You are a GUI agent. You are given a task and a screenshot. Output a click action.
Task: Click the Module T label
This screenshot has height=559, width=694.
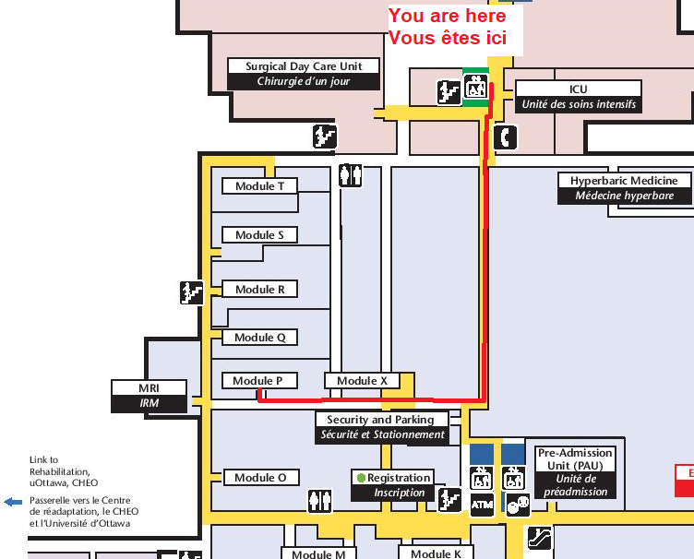tap(259, 186)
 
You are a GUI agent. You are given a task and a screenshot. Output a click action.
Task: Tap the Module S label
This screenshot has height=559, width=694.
tap(259, 235)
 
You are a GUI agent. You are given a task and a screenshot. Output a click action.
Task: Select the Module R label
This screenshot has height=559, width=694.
tap(259, 290)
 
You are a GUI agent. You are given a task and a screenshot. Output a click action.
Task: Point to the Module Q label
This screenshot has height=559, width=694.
tap(259, 338)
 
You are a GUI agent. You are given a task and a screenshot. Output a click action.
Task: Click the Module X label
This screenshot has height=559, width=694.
tap(362, 381)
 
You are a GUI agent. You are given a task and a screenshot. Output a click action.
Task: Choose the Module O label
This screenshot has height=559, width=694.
tap(261, 478)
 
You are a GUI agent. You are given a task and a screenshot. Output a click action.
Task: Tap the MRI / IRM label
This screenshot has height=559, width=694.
tap(149, 396)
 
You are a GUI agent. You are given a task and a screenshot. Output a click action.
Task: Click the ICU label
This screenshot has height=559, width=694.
tap(579, 97)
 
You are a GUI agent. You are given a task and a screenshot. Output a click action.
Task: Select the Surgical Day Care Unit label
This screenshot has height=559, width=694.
tap(304, 74)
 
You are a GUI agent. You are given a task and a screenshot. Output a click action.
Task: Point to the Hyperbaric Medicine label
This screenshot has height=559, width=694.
tap(624, 188)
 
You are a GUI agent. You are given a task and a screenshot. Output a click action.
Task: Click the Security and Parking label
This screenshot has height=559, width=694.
tap(382, 428)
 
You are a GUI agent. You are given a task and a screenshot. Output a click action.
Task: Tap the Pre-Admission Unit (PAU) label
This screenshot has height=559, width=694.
tap(575, 472)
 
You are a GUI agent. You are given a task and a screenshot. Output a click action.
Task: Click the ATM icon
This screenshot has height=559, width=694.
tap(482, 505)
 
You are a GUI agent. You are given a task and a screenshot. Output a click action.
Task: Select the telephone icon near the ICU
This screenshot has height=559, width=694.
tap(505, 137)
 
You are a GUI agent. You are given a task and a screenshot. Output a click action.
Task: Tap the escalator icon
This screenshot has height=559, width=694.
tap(540, 538)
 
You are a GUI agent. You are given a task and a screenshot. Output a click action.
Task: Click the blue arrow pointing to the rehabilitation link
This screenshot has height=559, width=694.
tap(13, 502)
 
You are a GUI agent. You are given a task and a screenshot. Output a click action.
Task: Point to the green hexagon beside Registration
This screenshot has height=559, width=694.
tap(361, 478)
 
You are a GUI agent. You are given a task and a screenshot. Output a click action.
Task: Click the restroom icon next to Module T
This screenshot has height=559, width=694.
tap(350, 175)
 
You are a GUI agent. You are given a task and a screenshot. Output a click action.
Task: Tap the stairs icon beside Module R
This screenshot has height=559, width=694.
tap(192, 292)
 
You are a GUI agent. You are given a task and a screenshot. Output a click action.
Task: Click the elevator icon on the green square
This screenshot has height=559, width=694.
tap(476, 86)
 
